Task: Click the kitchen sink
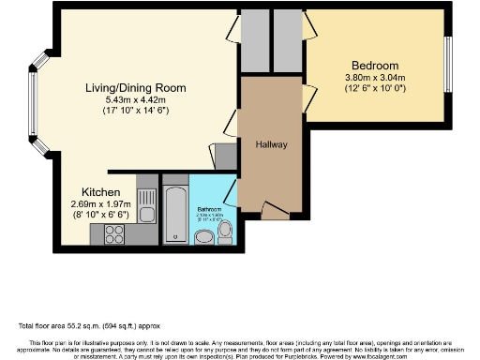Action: click(x=146, y=200)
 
